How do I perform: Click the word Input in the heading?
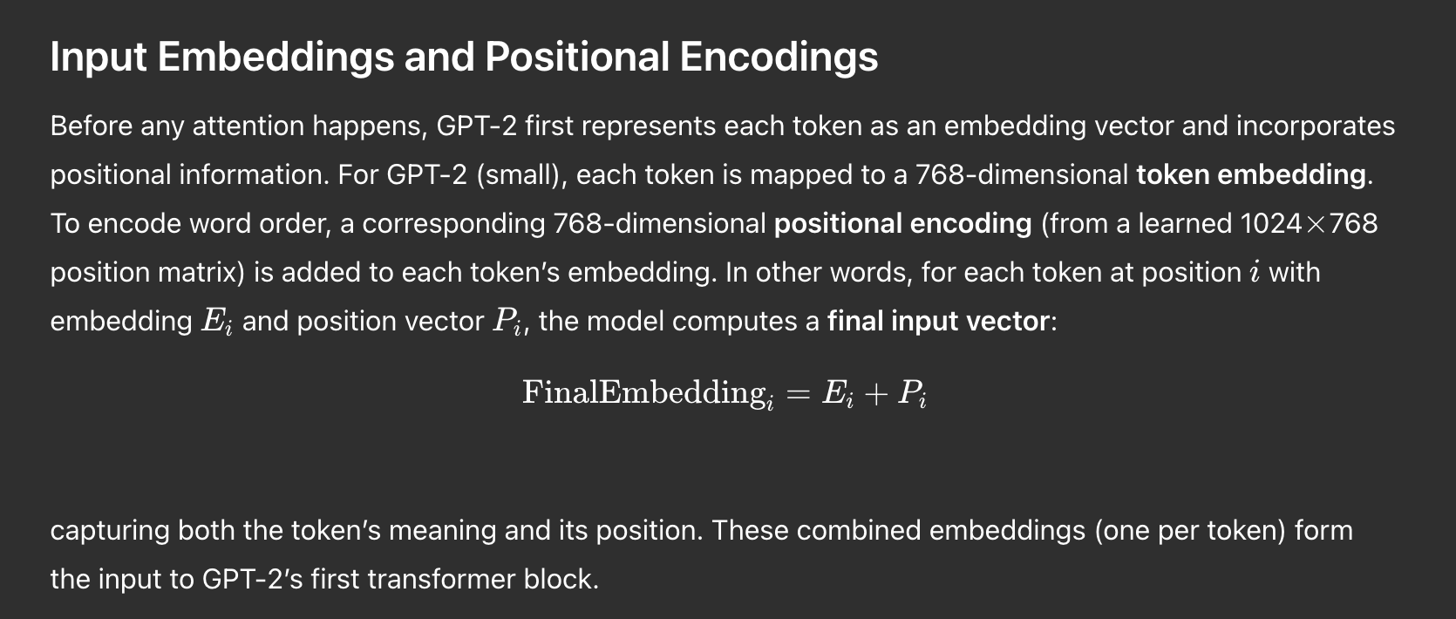click(x=99, y=58)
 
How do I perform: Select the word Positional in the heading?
click(x=577, y=56)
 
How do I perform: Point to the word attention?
click(x=248, y=126)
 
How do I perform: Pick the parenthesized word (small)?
click(x=522, y=175)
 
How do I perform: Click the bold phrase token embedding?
click(x=1251, y=175)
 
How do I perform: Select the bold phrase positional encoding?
click(x=903, y=224)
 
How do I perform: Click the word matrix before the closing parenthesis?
click(x=201, y=272)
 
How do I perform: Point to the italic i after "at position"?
click(x=1255, y=272)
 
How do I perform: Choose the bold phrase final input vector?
click(x=938, y=321)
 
